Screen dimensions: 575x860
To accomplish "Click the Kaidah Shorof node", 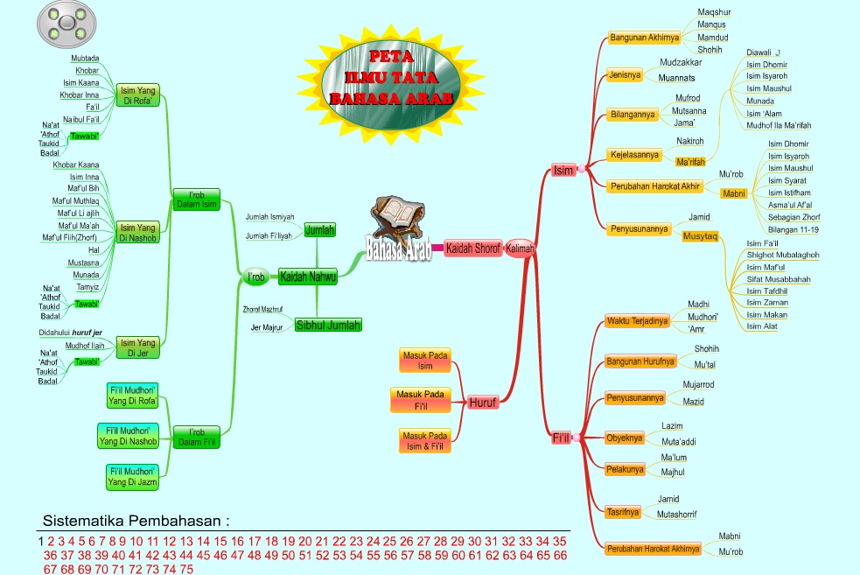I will [472, 249].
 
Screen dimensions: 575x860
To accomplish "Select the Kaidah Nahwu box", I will [308, 277].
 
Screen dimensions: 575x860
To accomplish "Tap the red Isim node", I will [563, 170].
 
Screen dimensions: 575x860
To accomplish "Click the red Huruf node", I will [483, 403].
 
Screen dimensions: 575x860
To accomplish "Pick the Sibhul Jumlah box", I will [328, 325].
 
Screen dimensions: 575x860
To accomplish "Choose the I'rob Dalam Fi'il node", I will [196, 437].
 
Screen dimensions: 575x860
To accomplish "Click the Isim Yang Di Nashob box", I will [138, 233].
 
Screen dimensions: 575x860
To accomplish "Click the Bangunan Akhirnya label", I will [645, 38].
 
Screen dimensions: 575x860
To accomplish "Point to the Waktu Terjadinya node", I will [637, 321].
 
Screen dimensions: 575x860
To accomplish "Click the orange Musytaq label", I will [700, 236].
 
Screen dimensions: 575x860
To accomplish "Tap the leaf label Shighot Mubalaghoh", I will [782, 255].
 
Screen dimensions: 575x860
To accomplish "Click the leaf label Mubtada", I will [85, 58].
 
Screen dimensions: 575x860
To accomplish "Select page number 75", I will [185, 569].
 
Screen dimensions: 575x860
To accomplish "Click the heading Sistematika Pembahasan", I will [136, 521].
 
